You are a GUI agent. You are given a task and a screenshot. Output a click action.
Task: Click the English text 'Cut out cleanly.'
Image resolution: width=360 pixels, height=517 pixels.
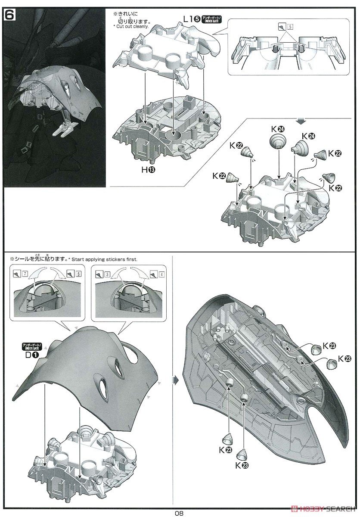131,27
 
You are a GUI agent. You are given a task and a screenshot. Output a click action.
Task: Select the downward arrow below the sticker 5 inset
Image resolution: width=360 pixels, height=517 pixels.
300,120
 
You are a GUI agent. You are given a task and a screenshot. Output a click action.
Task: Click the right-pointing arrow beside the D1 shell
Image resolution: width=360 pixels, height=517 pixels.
174,380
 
